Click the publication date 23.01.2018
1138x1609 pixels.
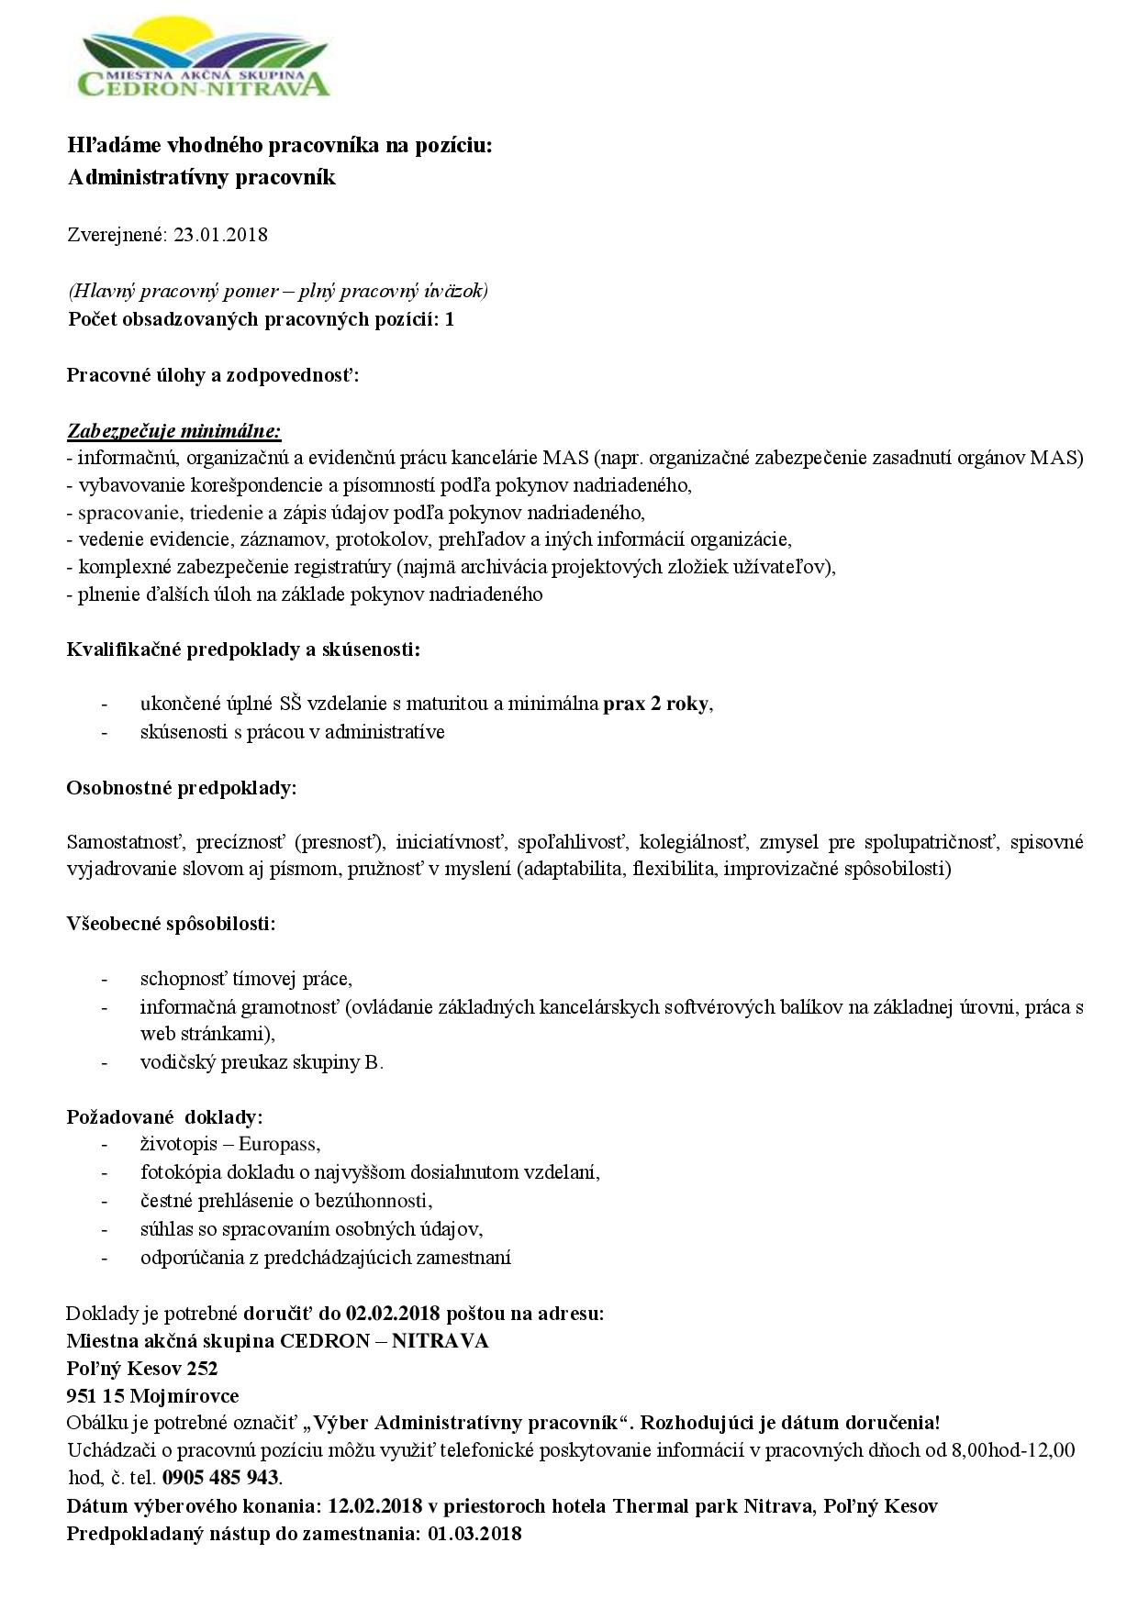pos(220,234)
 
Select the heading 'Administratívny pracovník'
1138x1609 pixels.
pos(202,177)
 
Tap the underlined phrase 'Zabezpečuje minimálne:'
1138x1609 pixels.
pos(174,430)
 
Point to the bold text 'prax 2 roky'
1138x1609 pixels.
pos(656,704)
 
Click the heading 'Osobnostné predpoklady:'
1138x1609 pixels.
pos(182,788)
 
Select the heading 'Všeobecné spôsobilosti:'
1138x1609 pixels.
pos(172,923)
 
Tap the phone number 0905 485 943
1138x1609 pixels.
pos(220,1477)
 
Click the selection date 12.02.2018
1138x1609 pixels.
pos(374,1505)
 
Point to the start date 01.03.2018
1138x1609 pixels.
pos(474,1533)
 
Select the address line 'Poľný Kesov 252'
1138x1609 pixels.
pos(142,1368)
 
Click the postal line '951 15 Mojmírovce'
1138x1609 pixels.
pos(152,1395)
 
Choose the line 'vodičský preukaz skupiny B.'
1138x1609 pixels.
pos(262,1062)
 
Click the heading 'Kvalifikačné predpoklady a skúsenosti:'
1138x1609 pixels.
pos(244,650)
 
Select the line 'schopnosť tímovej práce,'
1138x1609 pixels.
pos(246,979)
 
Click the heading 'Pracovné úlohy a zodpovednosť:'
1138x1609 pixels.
pos(213,375)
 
